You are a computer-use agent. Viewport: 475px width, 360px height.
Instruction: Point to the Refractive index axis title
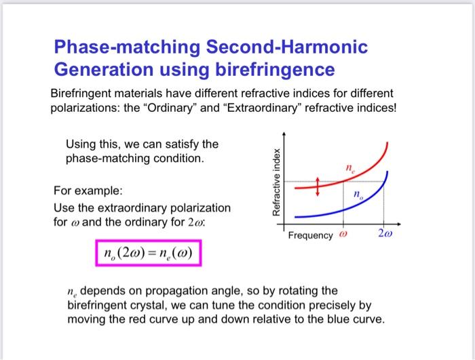coord(275,180)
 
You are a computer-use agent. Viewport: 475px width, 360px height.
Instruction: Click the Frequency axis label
coord(310,236)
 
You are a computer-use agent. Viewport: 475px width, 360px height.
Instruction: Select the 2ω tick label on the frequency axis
coord(384,235)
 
